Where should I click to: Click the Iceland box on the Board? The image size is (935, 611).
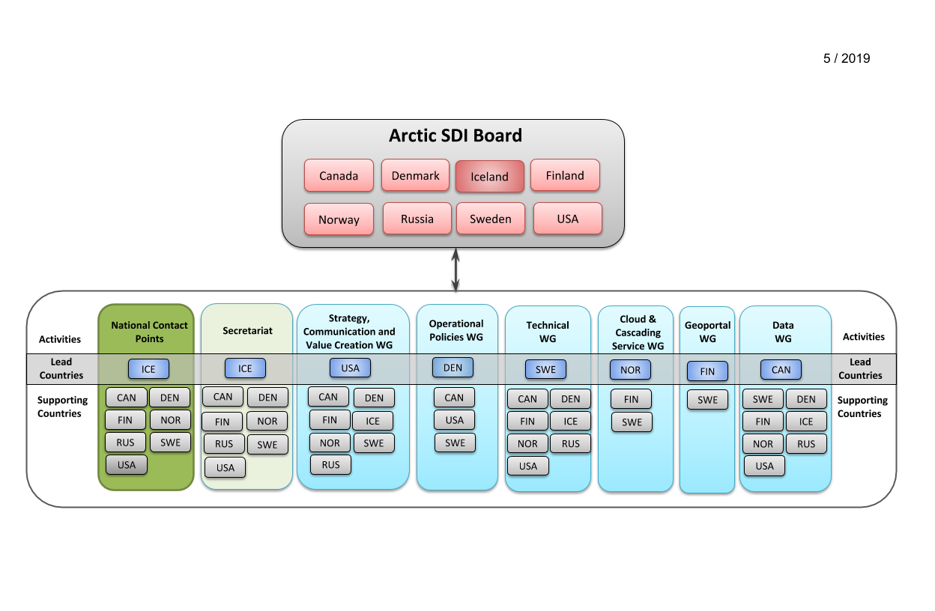point(489,177)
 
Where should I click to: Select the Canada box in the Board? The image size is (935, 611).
point(339,176)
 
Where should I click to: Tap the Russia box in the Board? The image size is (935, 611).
point(417,219)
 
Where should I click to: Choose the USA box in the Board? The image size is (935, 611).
point(568,219)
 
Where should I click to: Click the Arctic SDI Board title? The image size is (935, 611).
point(455,136)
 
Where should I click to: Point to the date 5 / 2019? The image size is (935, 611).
point(847,58)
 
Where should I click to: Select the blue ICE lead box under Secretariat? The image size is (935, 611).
point(245,368)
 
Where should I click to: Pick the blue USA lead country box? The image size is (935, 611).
point(351,368)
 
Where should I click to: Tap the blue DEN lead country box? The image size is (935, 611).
point(453,368)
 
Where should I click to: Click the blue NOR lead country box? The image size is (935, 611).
point(630,370)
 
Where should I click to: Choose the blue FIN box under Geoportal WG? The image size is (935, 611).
point(707,371)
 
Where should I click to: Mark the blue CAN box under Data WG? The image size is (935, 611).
point(781,369)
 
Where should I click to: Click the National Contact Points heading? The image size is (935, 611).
point(149,332)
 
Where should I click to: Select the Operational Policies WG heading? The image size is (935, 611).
point(456,330)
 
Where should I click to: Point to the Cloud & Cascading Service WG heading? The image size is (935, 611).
point(638,332)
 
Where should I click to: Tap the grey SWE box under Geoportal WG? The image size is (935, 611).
point(707,400)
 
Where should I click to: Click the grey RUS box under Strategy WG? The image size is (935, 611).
point(330,464)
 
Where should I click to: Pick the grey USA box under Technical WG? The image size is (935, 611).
point(527,466)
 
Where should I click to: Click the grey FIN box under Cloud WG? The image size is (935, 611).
point(631,399)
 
